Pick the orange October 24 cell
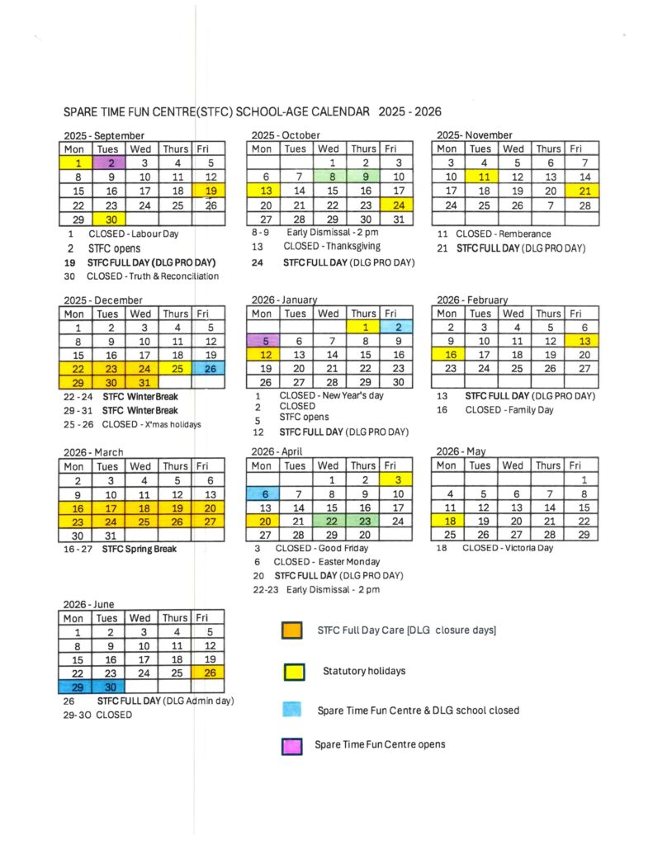(x=397, y=205)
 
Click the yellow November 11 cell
(x=480, y=177)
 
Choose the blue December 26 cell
(x=210, y=369)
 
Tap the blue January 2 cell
(x=397, y=327)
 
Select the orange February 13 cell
(x=583, y=341)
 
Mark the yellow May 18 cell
(x=447, y=522)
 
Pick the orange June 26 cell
(x=210, y=673)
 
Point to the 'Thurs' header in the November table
(x=547, y=149)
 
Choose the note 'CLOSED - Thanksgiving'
(x=332, y=247)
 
